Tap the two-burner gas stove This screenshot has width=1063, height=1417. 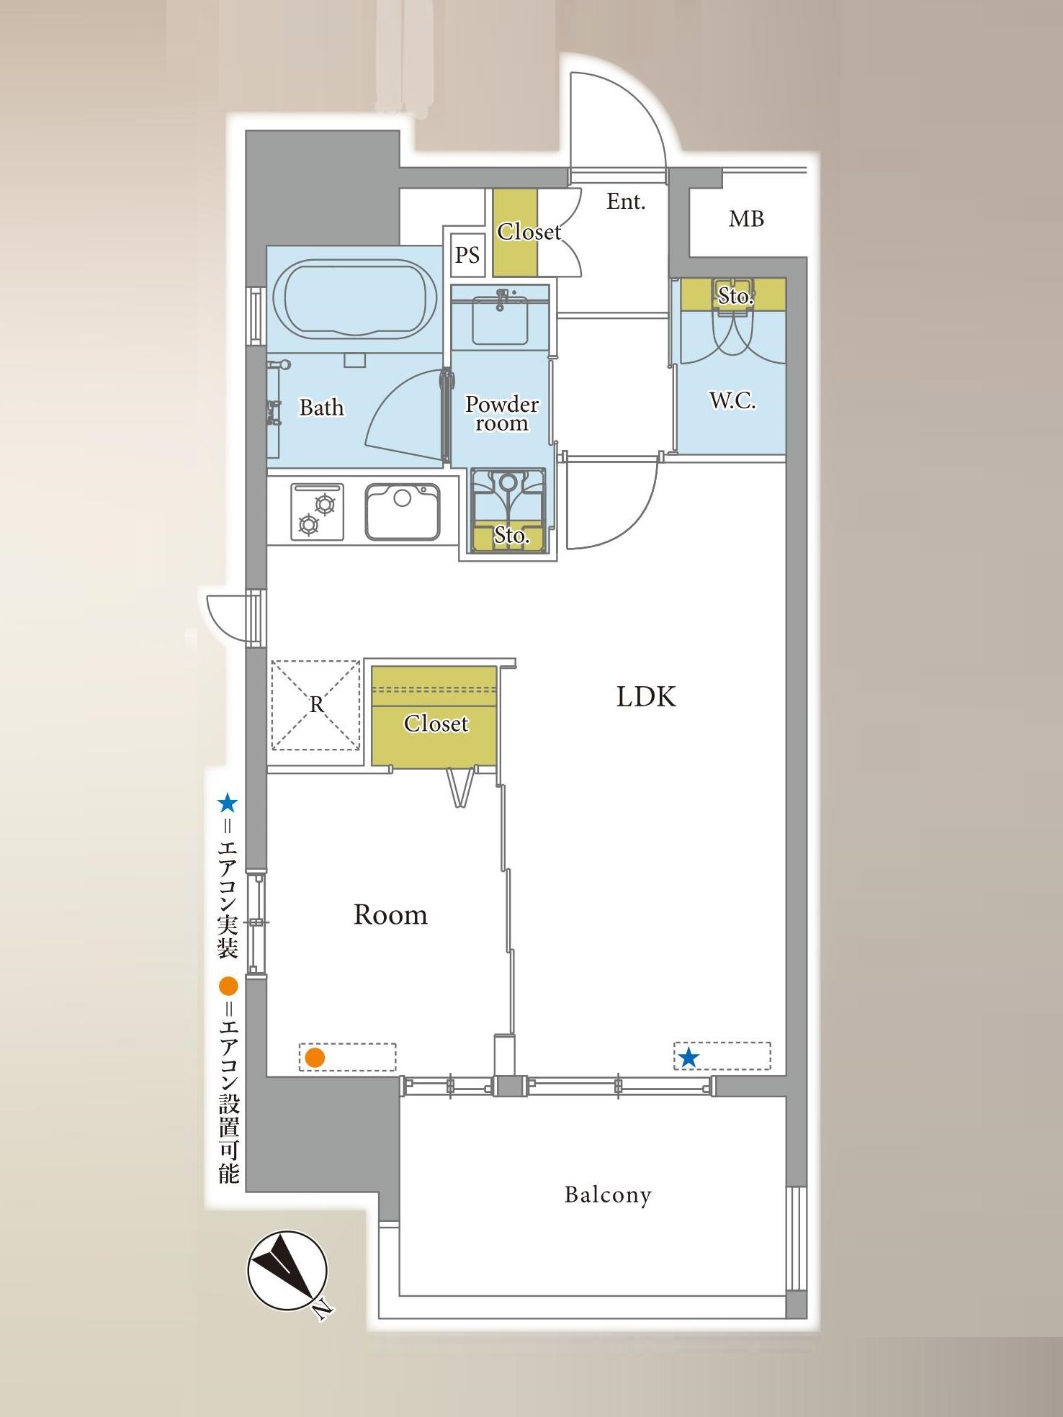[x=317, y=511]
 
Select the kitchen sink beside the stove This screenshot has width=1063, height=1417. [x=403, y=511]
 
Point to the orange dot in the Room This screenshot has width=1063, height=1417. [x=315, y=1058]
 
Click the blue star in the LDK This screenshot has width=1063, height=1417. [x=689, y=1058]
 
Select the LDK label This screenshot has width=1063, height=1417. [x=646, y=697]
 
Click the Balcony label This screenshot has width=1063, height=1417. [x=608, y=1195]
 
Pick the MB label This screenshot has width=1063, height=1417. [x=746, y=219]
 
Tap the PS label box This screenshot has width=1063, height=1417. [x=467, y=255]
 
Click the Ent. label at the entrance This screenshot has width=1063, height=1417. [x=626, y=202]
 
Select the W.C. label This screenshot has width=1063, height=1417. [x=732, y=400]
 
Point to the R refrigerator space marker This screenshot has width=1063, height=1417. [x=316, y=705]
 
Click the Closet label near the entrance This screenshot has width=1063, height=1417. [x=529, y=232]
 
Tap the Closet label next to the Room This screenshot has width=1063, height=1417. [x=436, y=723]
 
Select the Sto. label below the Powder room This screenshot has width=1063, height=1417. [x=511, y=535]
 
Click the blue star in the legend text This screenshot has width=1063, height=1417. [x=228, y=803]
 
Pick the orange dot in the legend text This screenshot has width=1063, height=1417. [x=228, y=986]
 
